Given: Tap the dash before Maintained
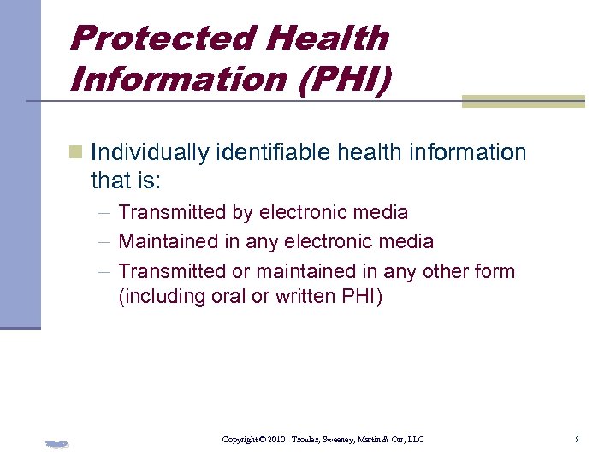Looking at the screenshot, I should pyautogui.click(x=104, y=242).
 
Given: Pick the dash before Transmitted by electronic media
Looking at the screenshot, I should pyautogui.click(x=104, y=212).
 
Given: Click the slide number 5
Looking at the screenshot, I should pyautogui.click(x=577, y=440).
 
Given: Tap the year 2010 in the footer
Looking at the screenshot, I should pyautogui.click(x=275, y=440).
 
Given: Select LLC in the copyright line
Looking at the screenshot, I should pyautogui.click(x=415, y=440).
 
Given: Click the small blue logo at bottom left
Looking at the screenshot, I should pyautogui.click(x=56, y=444).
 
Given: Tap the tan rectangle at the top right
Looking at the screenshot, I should pyautogui.click(x=523, y=101).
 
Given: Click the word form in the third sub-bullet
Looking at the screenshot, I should pyautogui.click(x=496, y=272).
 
